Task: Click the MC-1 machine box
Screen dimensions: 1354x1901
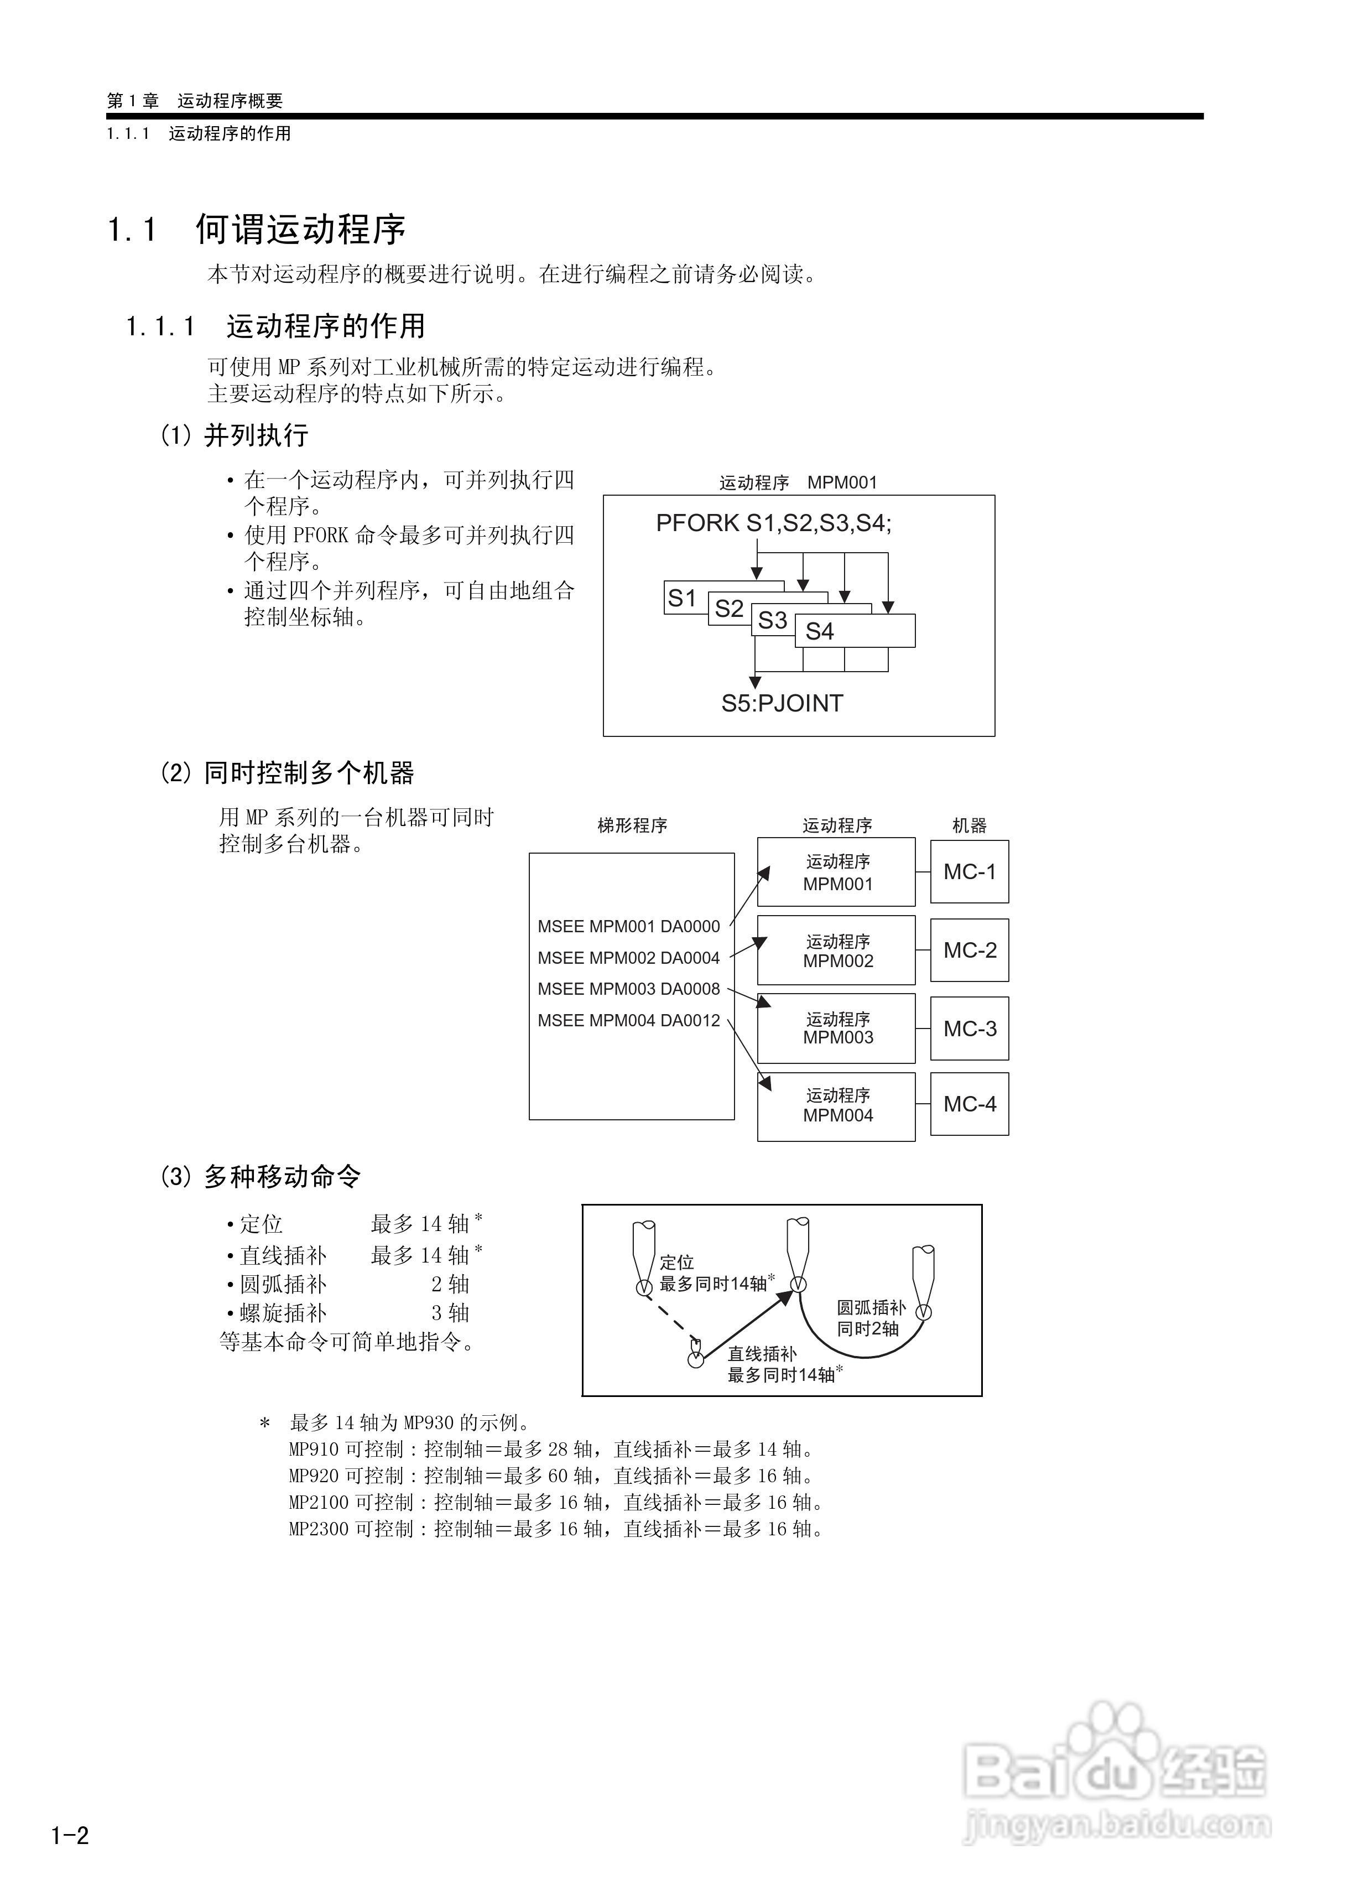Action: [x=969, y=871]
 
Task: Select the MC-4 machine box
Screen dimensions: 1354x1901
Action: [x=969, y=1104]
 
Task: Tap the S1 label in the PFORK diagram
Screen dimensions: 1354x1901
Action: [x=682, y=598]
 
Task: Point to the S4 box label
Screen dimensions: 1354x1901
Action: [x=820, y=631]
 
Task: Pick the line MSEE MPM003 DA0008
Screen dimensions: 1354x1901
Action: [x=629, y=989]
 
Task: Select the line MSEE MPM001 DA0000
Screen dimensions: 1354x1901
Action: [x=629, y=926]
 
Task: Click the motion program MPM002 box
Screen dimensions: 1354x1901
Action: [x=836, y=950]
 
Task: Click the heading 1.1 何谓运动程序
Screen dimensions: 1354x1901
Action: [x=257, y=229]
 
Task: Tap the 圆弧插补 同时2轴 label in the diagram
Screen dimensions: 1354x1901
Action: [x=871, y=1318]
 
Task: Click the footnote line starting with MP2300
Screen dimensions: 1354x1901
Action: [x=556, y=1528]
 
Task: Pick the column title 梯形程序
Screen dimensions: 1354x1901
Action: [x=632, y=825]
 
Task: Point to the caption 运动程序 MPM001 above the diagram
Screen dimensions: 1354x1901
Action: [x=798, y=483]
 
